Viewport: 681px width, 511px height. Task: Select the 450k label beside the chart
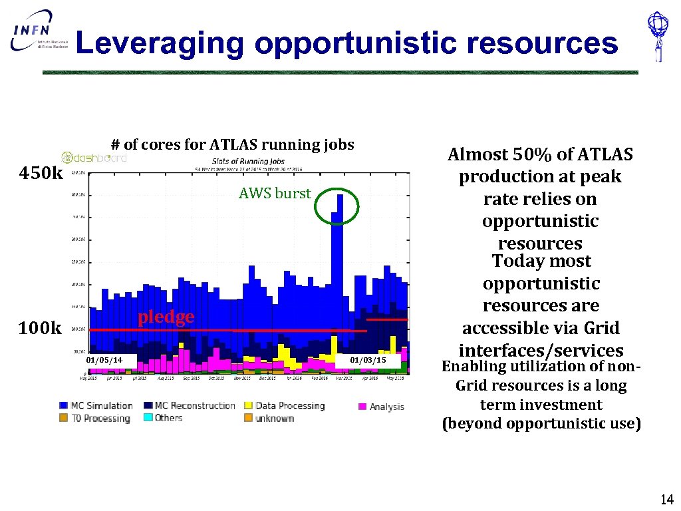coord(41,174)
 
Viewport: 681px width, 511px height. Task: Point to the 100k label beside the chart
coord(41,328)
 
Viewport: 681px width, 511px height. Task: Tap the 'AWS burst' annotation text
coord(275,194)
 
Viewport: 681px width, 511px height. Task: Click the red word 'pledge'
coord(166,317)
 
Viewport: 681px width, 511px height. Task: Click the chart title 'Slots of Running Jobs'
coord(248,161)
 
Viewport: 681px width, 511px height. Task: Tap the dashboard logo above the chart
coord(94,158)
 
